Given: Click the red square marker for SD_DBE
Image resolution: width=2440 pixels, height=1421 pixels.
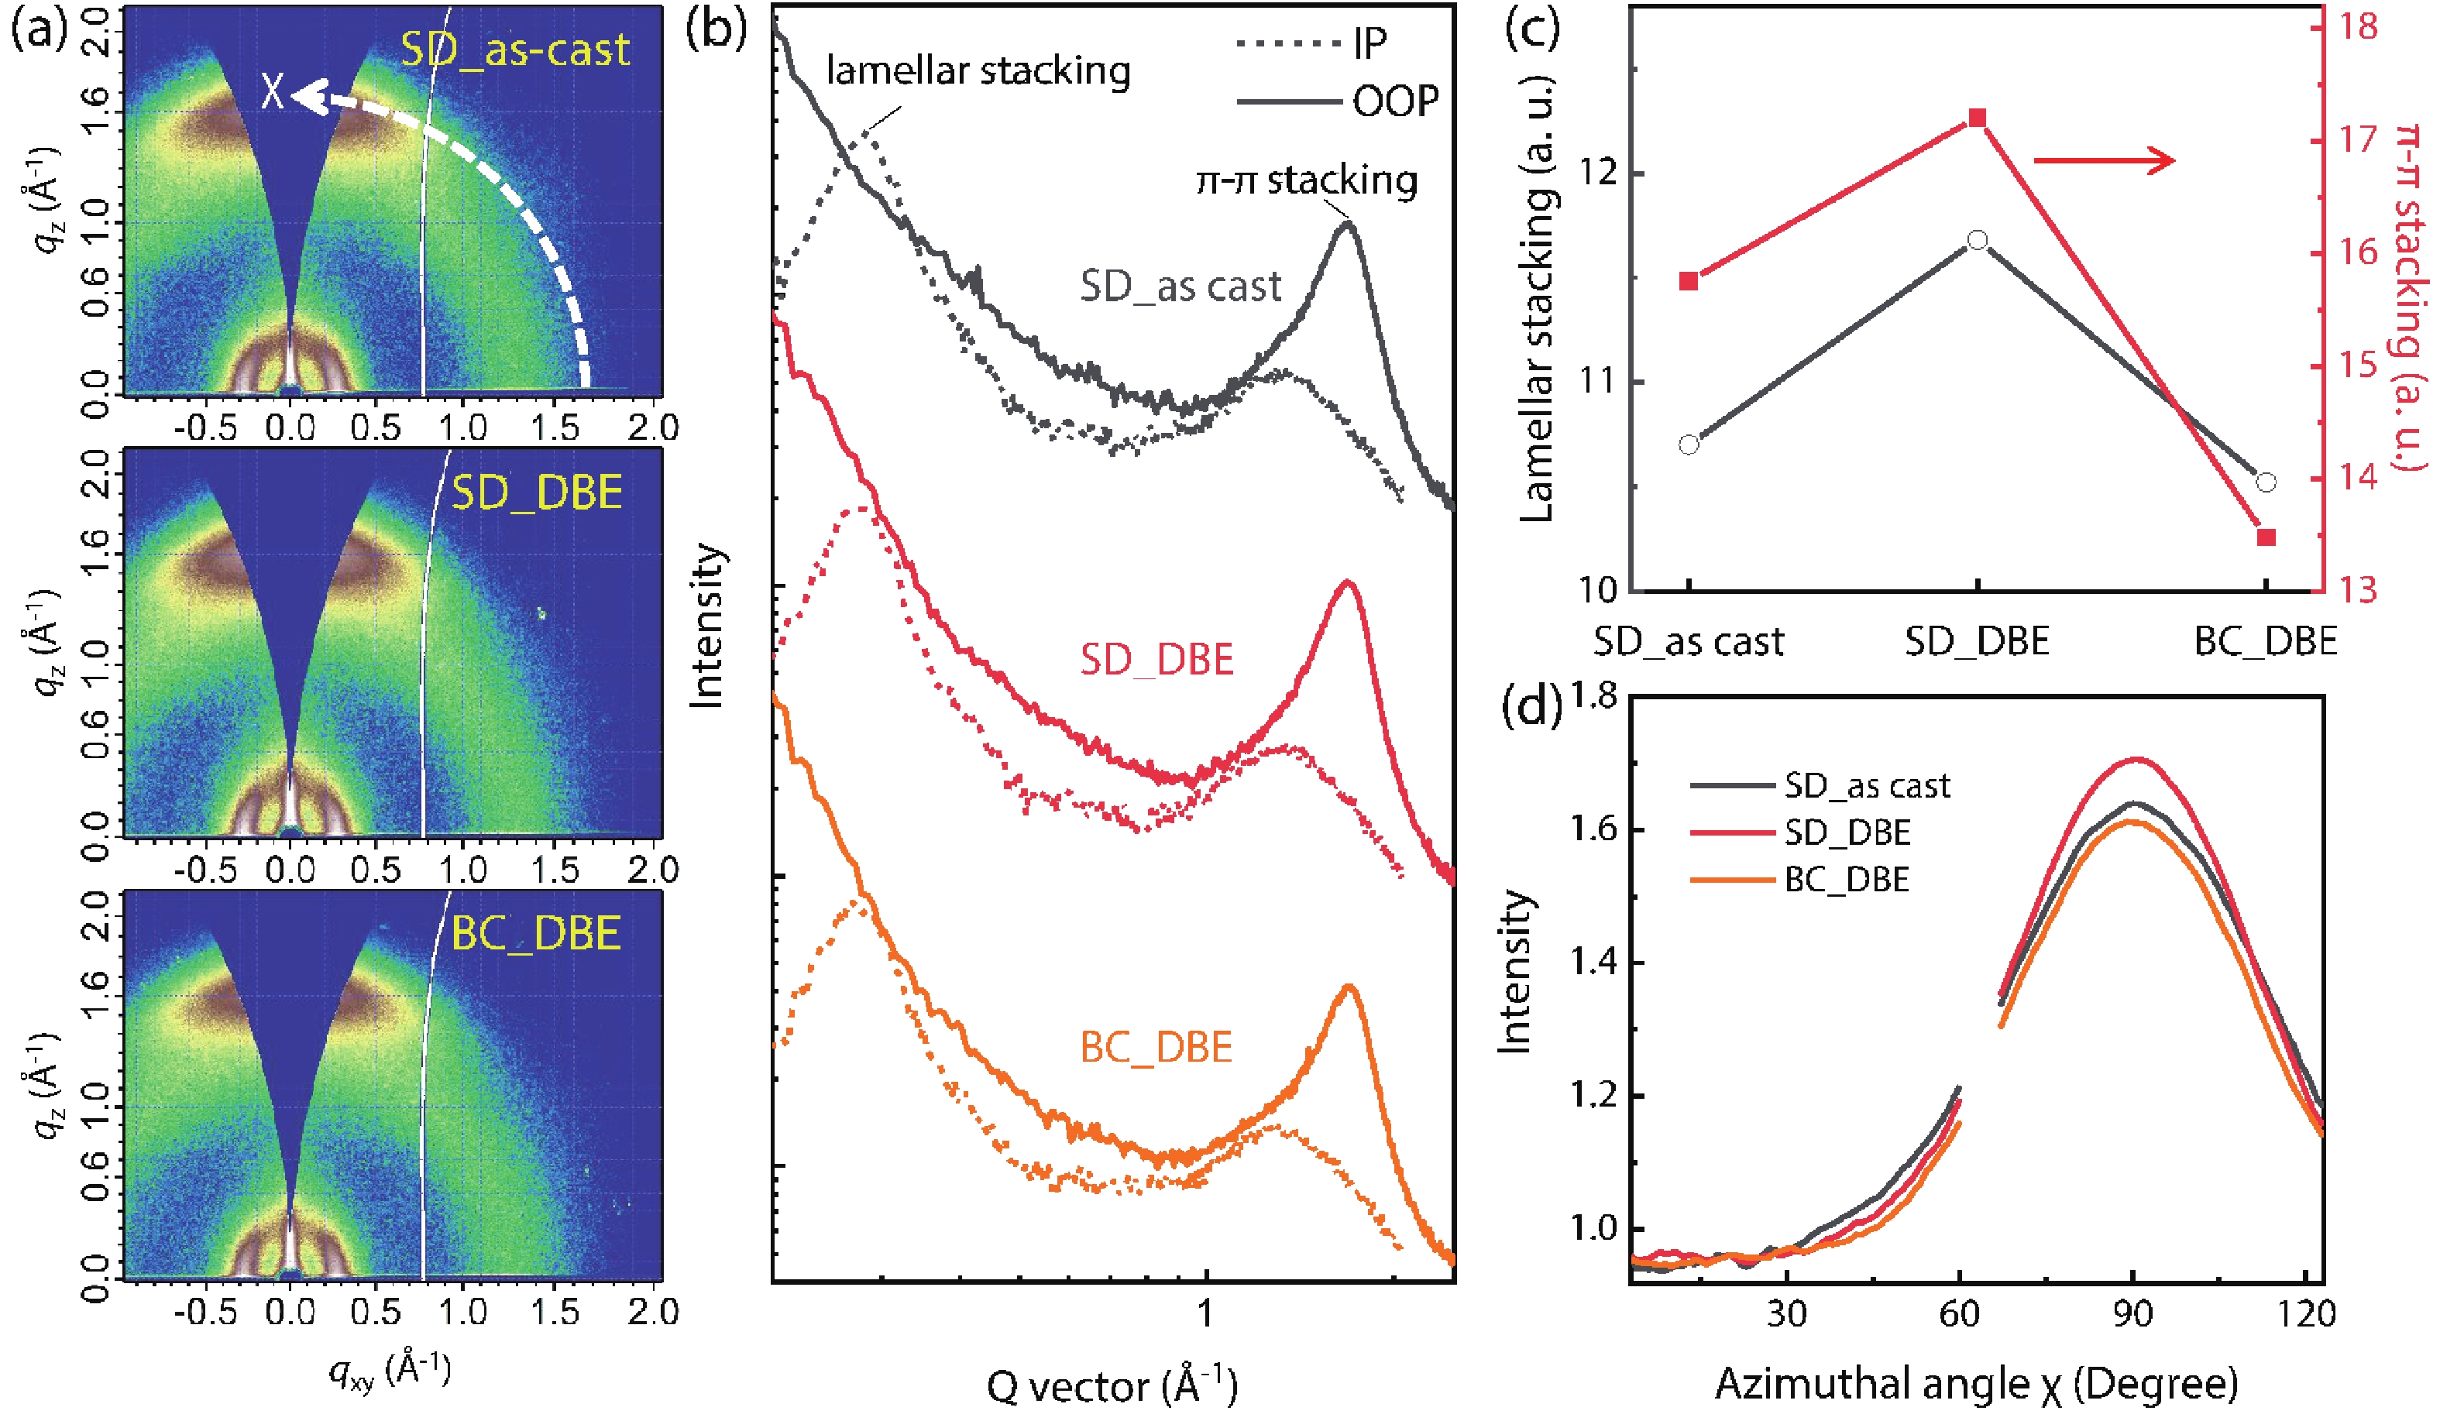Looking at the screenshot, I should tap(1977, 118).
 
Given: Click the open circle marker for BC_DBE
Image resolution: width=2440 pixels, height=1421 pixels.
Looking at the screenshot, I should tap(2266, 482).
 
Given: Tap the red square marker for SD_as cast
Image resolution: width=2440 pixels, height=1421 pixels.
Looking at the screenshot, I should tap(1689, 282).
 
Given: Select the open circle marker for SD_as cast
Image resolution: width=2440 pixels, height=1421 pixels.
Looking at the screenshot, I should tap(1689, 445).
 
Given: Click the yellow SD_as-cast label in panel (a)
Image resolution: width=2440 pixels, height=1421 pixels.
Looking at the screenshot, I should tap(514, 50).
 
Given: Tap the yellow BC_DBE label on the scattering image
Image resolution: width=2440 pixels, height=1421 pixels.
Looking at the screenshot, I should tap(535, 933).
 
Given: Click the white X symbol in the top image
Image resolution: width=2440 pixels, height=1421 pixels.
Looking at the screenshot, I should tap(273, 93).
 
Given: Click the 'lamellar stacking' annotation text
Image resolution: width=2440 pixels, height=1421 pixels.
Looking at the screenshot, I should tap(978, 71).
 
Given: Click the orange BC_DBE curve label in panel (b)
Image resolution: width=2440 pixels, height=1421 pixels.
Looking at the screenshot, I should tap(1156, 1047).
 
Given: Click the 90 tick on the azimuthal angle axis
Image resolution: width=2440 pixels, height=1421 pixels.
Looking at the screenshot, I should tap(2132, 1313).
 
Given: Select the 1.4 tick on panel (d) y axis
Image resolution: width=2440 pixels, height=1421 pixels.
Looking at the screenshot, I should tap(1592, 963).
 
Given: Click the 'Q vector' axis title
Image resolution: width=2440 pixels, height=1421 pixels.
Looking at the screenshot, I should tap(1112, 1386).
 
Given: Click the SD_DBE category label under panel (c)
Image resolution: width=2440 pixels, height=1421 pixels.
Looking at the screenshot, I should tap(1976, 642).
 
